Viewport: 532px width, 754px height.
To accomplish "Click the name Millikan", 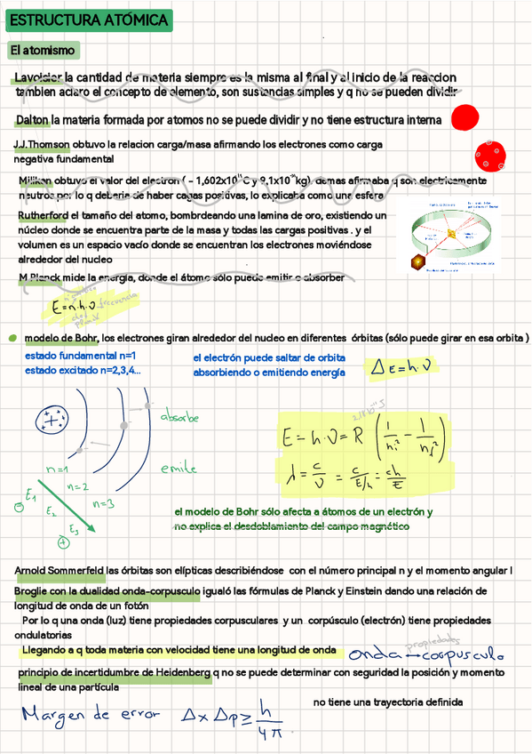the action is point(41,180).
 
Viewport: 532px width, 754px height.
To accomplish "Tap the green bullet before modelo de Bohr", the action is point(12,339).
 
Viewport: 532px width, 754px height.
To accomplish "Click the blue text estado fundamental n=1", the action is point(79,357).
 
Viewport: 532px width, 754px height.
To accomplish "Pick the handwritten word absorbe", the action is point(179,417).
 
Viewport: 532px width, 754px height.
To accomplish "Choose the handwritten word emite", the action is point(179,469).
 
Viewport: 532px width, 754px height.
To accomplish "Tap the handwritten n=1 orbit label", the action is point(58,469).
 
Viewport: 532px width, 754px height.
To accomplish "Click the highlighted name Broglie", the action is point(35,591).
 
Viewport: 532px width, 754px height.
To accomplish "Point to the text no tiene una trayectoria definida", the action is point(388,702).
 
